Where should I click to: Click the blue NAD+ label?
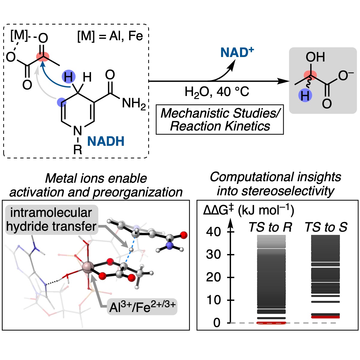point(237,53)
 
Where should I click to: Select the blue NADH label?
point(106,141)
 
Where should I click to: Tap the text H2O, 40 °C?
point(217,91)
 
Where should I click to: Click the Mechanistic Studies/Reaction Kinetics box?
point(220,119)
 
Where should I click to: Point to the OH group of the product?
point(315,57)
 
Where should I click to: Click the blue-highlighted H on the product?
point(305,96)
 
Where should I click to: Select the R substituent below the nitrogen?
point(78,149)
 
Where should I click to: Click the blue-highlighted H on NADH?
point(68,77)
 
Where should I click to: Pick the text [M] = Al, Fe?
point(110,36)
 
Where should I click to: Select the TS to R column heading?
point(270,227)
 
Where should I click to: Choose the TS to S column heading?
point(326,227)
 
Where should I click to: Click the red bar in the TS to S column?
point(325,317)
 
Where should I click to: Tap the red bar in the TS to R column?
point(271,323)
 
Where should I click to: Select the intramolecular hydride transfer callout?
point(51,219)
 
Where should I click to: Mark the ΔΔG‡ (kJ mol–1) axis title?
point(249,210)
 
